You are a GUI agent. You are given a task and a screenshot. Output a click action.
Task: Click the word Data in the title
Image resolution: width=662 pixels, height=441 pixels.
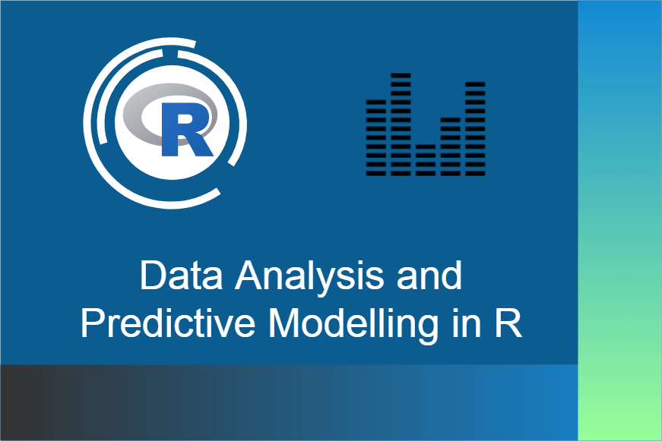click(182, 275)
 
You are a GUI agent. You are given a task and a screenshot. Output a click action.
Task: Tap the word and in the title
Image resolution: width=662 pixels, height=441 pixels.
click(429, 275)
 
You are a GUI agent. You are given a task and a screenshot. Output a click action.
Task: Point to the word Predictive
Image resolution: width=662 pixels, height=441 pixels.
click(168, 323)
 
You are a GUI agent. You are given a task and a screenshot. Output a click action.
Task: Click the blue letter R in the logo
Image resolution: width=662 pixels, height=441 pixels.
click(186, 129)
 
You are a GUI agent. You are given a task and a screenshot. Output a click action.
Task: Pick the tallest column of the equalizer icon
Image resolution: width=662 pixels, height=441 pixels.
click(401, 124)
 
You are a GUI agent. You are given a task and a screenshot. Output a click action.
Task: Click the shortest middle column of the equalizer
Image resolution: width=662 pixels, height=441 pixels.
click(426, 160)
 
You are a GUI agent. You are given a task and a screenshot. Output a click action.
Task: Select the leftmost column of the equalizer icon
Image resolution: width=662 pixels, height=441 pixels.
click(375, 137)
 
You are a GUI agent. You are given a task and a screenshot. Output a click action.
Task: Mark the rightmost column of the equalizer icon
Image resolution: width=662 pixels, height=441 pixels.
click(475, 128)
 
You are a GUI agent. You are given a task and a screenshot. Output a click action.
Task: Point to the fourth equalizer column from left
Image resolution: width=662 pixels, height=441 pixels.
click(451, 146)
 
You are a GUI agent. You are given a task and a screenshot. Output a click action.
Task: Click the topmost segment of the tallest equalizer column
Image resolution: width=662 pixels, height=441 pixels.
click(401, 76)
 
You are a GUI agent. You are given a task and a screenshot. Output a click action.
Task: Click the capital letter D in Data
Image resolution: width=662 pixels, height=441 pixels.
click(154, 275)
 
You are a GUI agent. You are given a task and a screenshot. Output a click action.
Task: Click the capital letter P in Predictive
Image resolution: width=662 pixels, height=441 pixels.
click(93, 323)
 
